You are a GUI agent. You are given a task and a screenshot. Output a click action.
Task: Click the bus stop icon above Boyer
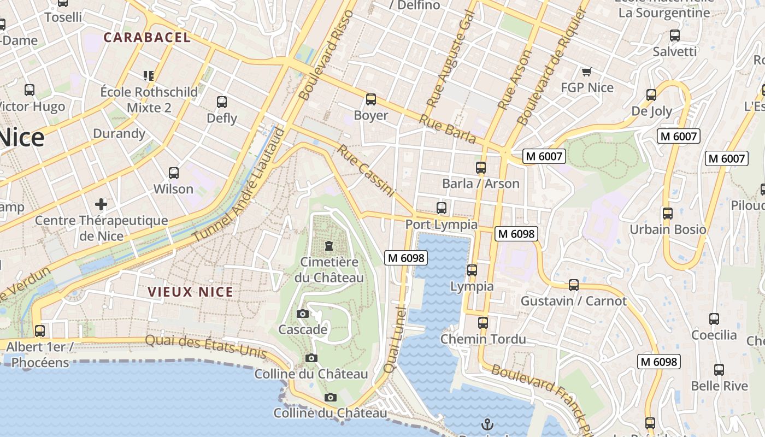point(371,99)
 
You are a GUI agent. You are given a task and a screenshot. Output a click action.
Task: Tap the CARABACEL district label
point(147,38)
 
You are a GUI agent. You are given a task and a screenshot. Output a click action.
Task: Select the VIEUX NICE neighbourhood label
point(191,292)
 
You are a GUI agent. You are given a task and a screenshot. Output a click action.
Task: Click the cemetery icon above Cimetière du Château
point(329,246)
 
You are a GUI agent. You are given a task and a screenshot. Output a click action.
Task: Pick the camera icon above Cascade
point(302,314)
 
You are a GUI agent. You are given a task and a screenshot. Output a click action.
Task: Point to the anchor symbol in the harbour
point(487,424)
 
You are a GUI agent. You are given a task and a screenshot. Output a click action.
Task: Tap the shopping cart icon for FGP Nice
point(587,72)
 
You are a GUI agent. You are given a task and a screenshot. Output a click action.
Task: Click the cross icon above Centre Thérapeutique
point(101,204)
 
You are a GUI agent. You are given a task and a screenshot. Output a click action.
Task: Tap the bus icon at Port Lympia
point(442,208)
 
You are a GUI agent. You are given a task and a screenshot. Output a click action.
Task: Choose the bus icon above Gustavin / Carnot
point(574,285)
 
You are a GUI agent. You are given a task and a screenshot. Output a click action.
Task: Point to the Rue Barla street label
point(448,129)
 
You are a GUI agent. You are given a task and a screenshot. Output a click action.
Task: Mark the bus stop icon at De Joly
point(651,95)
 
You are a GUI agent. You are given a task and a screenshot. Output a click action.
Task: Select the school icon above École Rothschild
point(149,75)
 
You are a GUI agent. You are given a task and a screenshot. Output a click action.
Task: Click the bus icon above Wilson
point(174,173)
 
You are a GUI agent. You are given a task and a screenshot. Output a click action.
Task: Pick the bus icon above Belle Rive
point(719,370)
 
